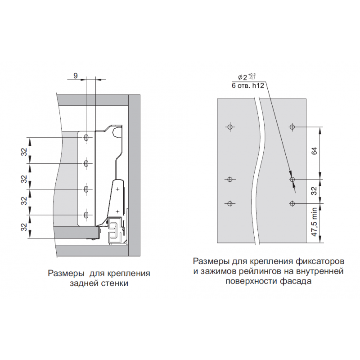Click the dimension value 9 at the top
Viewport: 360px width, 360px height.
[x=76, y=76]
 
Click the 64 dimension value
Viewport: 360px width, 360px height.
[x=314, y=151]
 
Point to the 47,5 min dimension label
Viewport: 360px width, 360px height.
[x=314, y=222]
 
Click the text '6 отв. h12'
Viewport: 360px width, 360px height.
[x=248, y=85]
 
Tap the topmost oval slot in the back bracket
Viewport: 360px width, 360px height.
[x=86, y=138]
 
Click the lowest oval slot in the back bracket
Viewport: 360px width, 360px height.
[x=86, y=215]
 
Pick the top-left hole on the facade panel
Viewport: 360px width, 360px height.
[x=230, y=127]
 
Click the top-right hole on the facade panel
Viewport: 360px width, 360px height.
[x=292, y=127]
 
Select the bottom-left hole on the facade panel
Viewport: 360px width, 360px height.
[x=230, y=203]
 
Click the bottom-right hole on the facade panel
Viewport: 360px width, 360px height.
[x=292, y=203]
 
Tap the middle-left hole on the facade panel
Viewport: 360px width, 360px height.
[x=230, y=179]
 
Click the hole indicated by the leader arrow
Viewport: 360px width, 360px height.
[x=292, y=179]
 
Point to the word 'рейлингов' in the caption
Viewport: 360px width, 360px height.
[x=261, y=271]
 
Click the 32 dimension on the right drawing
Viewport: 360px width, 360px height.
[x=314, y=191]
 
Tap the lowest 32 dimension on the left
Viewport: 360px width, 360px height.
[x=24, y=227]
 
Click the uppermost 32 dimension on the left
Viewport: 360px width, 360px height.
[x=24, y=152]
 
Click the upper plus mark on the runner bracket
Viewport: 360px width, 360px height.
[x=117, y=189]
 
